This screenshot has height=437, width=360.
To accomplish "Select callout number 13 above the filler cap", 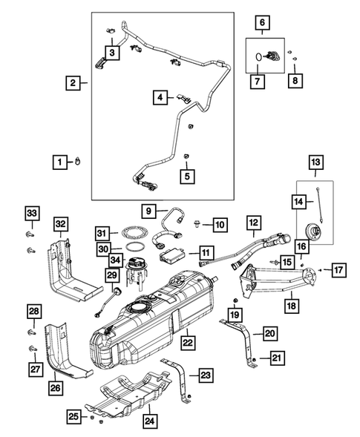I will pos(315,162).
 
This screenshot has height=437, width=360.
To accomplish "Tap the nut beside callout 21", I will pos(255,360).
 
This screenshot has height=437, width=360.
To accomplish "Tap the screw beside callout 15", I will pos(275,263).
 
